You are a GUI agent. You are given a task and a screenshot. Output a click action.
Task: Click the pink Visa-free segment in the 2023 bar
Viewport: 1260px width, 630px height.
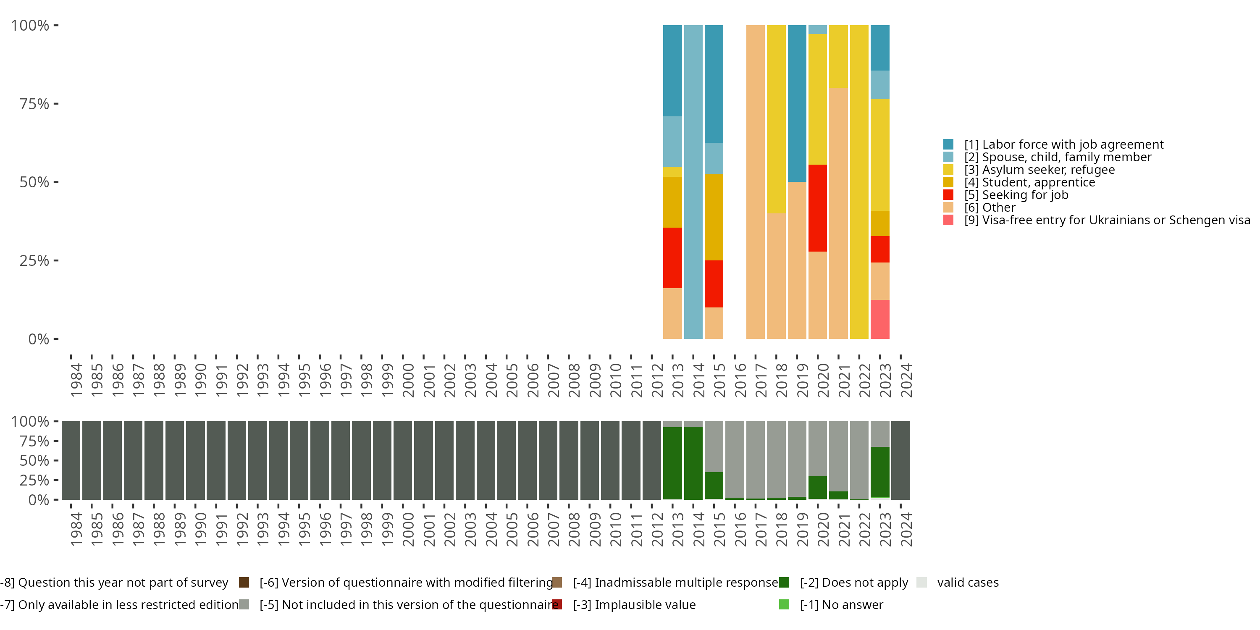coord(879,319)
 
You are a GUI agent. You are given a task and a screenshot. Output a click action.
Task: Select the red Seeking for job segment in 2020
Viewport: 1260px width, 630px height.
coord(817,208)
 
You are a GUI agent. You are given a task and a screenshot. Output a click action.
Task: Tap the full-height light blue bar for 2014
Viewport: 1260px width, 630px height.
coord(693,181)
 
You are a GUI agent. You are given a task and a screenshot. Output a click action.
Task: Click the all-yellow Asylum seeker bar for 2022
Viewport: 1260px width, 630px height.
coord(859,181)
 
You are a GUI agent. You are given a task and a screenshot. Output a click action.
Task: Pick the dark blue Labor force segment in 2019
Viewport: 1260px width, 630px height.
coord(797,103)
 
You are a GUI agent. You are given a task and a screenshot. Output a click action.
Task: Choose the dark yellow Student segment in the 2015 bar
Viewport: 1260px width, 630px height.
coord(714,217)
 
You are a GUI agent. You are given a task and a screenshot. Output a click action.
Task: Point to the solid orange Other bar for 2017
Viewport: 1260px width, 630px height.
coord(755,181)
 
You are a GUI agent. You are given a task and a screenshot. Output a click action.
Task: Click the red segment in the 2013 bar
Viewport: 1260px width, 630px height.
coord(672,258)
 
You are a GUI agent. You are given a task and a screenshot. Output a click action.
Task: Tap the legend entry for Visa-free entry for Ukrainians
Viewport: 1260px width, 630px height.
coord(1105,220)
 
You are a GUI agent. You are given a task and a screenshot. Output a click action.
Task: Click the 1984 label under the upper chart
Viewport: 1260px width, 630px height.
coord(76,380)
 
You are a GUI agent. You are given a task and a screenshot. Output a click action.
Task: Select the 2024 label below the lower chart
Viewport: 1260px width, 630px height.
coord(906,529)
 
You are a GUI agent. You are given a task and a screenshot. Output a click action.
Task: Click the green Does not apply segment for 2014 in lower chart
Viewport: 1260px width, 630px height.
coord(693,463)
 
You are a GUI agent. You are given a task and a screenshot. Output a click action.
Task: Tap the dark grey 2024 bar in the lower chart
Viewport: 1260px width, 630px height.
coord(900,460)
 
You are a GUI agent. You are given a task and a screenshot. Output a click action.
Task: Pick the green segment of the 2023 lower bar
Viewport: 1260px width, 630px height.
coord(879,472)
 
